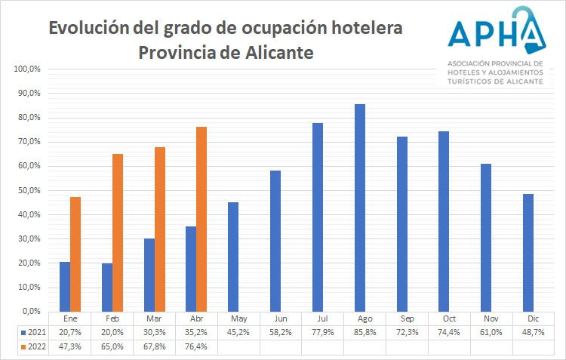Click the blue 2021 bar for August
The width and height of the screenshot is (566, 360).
coord(360,208)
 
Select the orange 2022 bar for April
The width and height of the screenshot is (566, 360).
coord(201,219)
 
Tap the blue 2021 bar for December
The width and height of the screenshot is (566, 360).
coord(528,252)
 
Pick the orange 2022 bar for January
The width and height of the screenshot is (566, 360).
coord(75,254)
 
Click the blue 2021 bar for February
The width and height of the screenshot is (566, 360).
coord(107,287)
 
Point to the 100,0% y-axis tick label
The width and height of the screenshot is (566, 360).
coord(27,69)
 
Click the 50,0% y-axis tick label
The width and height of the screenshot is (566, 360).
coord(29,190)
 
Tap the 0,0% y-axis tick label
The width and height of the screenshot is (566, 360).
coord(31,311)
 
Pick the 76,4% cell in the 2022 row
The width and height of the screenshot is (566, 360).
coord(197,347)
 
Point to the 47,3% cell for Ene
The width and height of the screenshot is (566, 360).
coord(70,347)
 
